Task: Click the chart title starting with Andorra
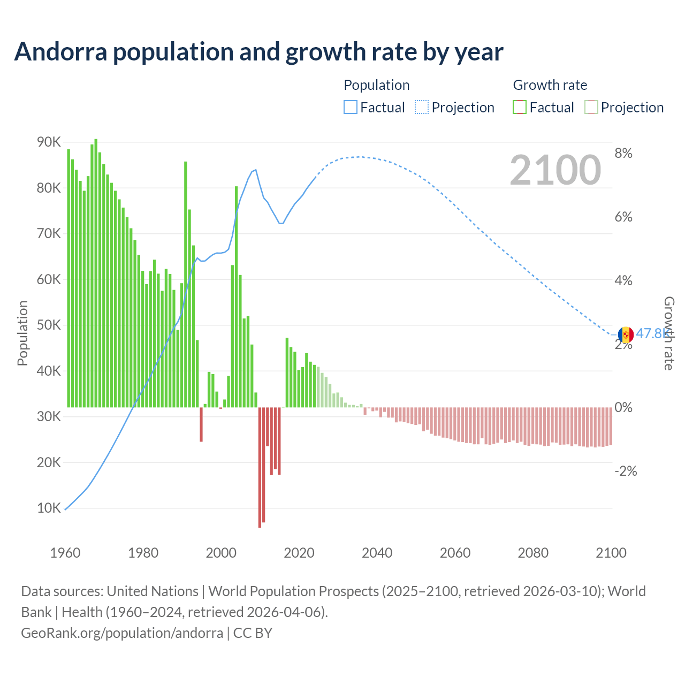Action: click(x=258, y=52)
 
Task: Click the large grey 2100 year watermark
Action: click(x=555, y=170)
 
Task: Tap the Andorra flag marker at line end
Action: click(x=626, y=335)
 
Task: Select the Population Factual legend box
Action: click(x=350, y=108)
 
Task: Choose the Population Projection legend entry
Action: click(x=455, y=108)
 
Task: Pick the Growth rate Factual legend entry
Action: click(x=544, y=108)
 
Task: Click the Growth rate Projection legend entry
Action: click(x=625, y=108)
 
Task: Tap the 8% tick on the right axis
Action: click(x=623, y=154)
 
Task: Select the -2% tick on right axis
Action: click(x=626, y=471)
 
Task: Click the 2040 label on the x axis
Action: click(x=377, y=553)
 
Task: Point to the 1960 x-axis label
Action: click(x=65, y=553)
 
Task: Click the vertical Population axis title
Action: click(x=22, y=333)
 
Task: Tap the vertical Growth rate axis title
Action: click(x=668, y=333)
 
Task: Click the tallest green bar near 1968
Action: click(x=96, y=273)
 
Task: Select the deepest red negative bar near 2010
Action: click(x=260, y=467)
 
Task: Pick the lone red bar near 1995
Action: click(x=201, y=424)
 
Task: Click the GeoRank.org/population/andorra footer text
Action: click(x=122, y=633)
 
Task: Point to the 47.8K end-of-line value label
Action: click(x=650, y=333)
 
